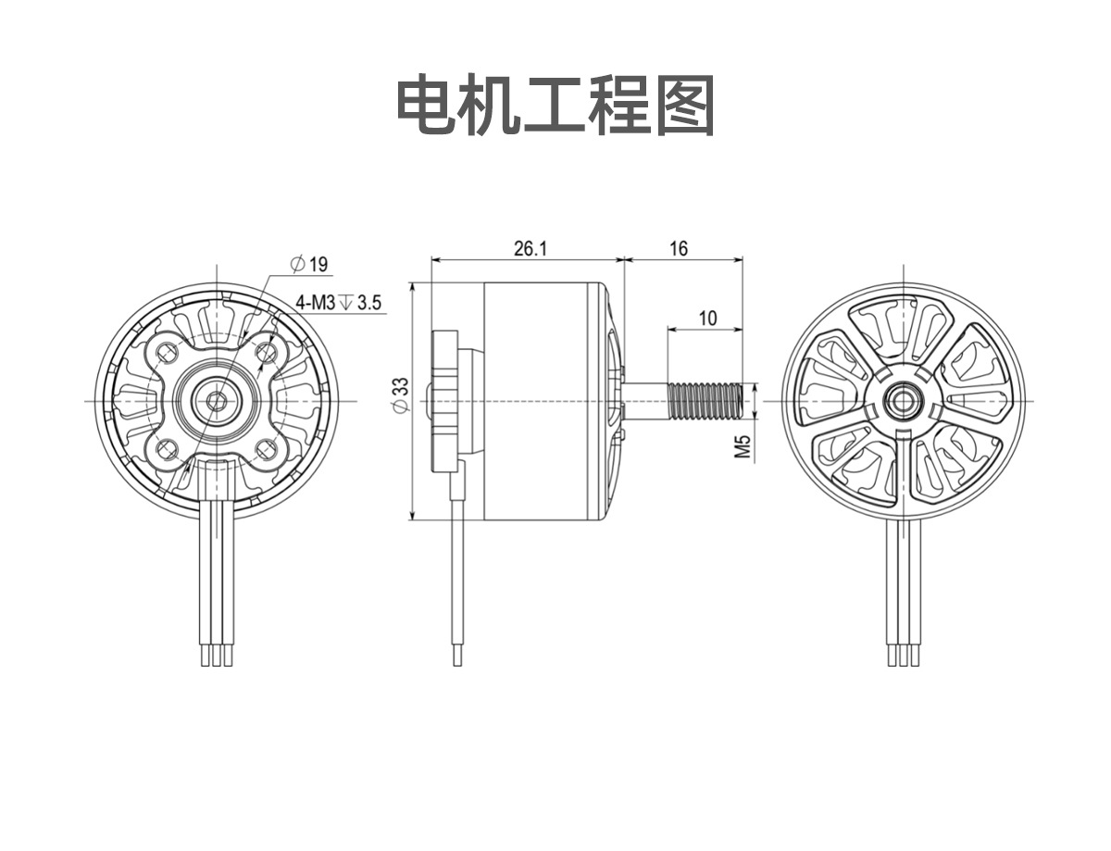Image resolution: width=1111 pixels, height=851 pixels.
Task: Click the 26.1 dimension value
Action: coord(531,249)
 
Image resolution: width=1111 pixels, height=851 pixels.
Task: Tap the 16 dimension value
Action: coord(679,249)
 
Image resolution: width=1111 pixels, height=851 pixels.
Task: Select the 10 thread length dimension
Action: coord(707,319)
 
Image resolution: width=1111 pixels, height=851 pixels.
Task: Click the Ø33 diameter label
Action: coord(401,394)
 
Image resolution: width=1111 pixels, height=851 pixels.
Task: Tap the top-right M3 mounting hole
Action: coord(267,351)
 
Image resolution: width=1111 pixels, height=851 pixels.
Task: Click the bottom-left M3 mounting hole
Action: coord(167,450)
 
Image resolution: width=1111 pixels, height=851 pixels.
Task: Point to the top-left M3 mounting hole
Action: coord(167,351)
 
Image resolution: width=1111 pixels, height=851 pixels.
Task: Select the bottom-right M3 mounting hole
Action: coord(267,450)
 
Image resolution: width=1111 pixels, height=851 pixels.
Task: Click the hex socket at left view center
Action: coord(217,401)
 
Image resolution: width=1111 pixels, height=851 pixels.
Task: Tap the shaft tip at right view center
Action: coord(904,401)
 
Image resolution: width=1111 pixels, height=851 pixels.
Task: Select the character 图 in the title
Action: coord(684,105)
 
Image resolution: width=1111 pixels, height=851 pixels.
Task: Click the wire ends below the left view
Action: coord(217,656)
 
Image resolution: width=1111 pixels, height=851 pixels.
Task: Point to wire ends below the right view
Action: coord(904,656)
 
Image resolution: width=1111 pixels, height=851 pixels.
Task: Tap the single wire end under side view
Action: coord(457,656)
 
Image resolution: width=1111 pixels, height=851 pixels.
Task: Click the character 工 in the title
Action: coord(555,105)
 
